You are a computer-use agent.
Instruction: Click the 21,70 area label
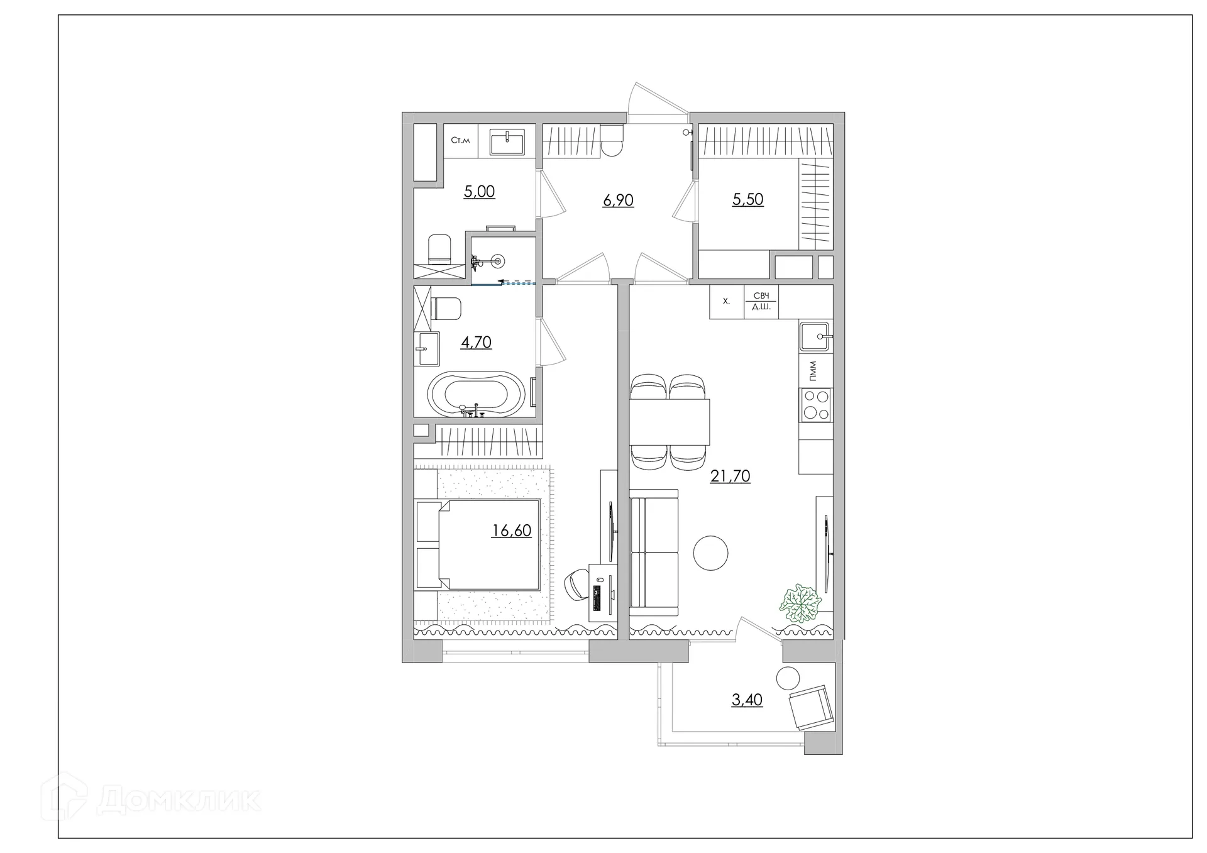(x=730, y=476)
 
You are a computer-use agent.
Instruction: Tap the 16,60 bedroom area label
(x=511, y=531)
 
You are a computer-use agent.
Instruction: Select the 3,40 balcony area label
(x=747, y=700)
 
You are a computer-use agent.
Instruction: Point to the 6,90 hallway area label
(x=618, y=201)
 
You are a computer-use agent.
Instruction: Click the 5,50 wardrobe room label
(x=747, y=199)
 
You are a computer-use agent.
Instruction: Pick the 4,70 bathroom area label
(x=476, y=343)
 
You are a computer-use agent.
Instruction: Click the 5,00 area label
(x=479, y=192)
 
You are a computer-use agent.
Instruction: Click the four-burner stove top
(x=815, y=405)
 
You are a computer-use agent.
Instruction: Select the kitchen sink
(x=815, y=336)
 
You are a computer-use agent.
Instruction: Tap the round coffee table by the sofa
(x=710, y=553)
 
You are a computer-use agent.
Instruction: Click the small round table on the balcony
(x=788, y=679)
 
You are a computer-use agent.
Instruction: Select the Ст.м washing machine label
(x=460, y=140)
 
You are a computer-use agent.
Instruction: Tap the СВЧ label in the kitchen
(x=761, y=295)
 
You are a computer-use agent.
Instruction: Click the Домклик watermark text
(x=179, y=800)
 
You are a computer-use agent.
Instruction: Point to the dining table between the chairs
(x=670, y=422)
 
